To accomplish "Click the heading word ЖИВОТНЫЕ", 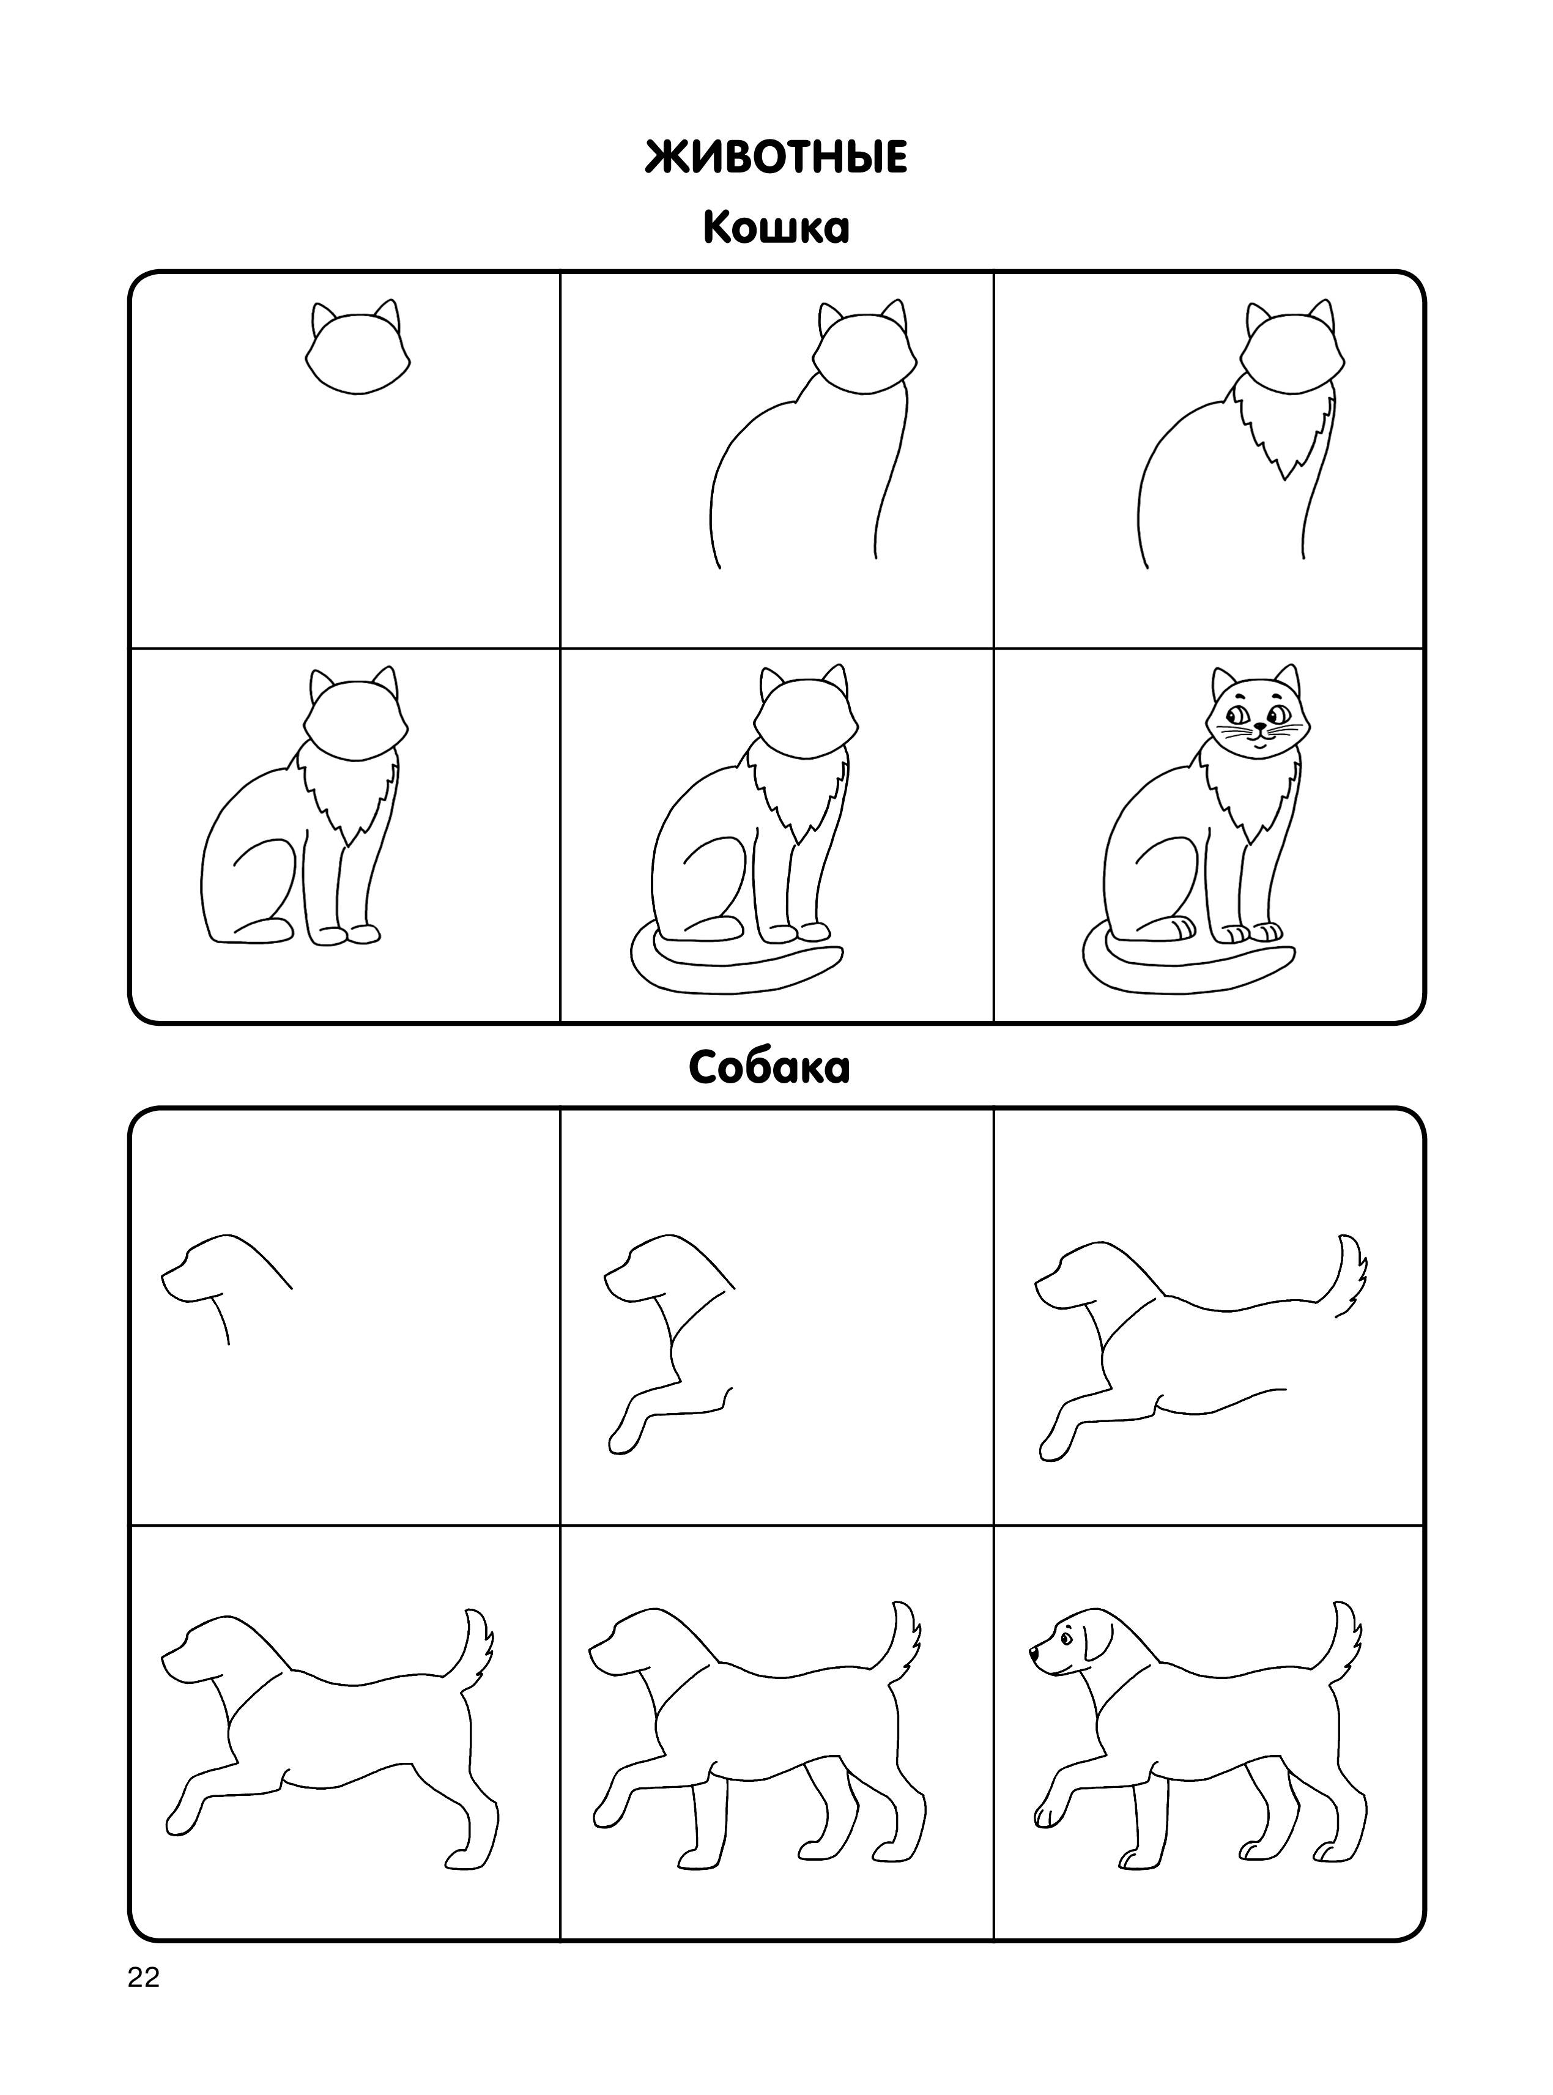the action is click(777, 157).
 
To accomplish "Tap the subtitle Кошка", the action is click(777, 228).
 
